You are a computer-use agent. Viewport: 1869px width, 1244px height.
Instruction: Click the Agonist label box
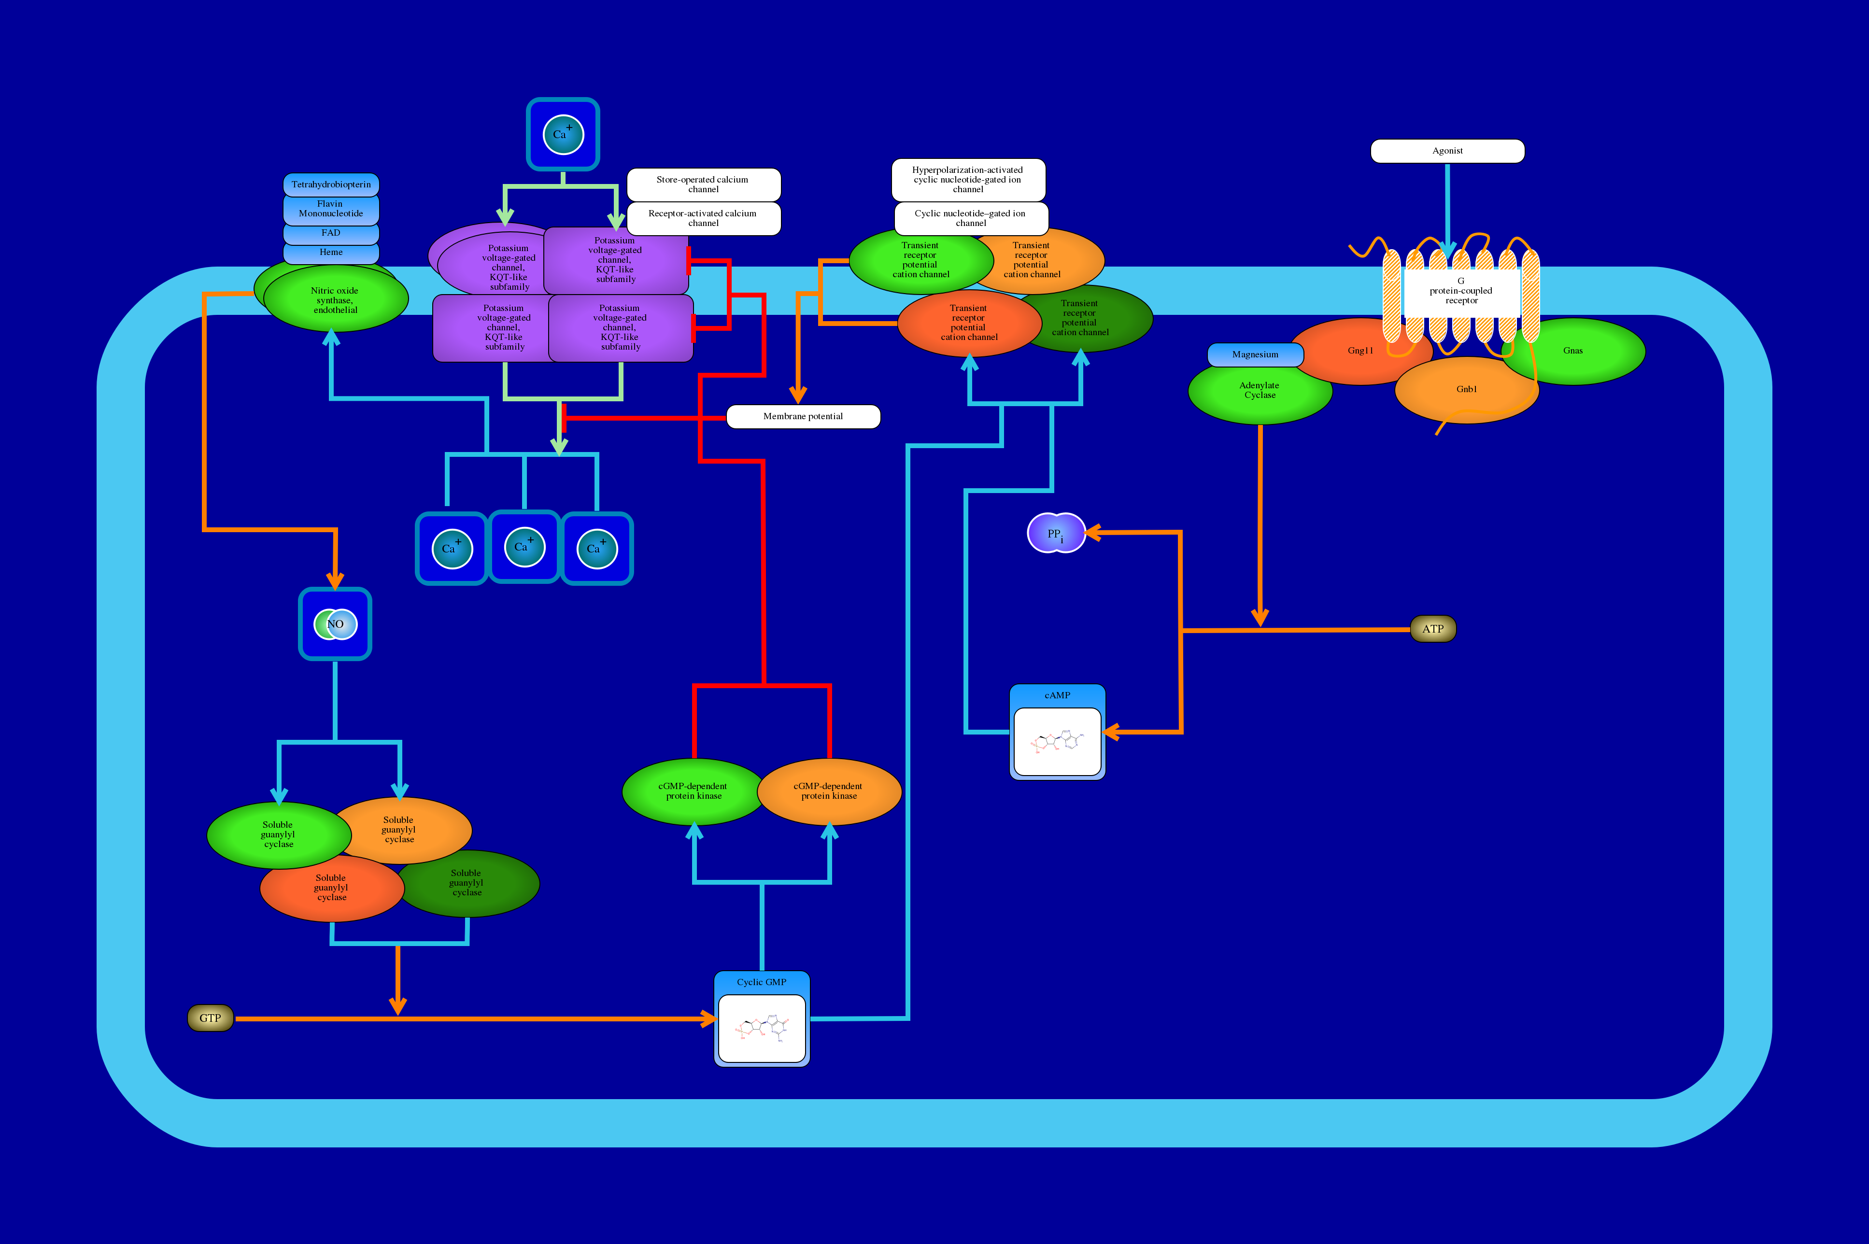pyautogui.click(x=1447, y=151)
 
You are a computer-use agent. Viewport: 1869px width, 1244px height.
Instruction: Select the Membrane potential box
pyautogui.click(x=803, y=416)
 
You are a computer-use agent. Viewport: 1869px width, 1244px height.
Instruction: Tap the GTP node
pyautogui.click(x=210, y=1018)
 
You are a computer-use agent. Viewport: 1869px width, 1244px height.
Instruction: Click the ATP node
pyautogui.click(x=1433, y=629)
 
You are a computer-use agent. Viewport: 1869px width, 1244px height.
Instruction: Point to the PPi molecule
pyautogui.click(x=1056, y=533)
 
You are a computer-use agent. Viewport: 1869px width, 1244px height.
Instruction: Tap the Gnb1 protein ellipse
pyautogui.click(x=1466, y=390)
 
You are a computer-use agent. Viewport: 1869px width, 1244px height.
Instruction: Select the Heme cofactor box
pyautogui.click(x=331, y=252)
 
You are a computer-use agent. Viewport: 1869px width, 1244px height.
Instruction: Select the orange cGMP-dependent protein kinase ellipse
pyautogui.click(x=829, y=791)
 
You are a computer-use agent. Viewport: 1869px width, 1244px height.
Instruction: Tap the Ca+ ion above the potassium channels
pyautogui.click(x=563, y=134)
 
